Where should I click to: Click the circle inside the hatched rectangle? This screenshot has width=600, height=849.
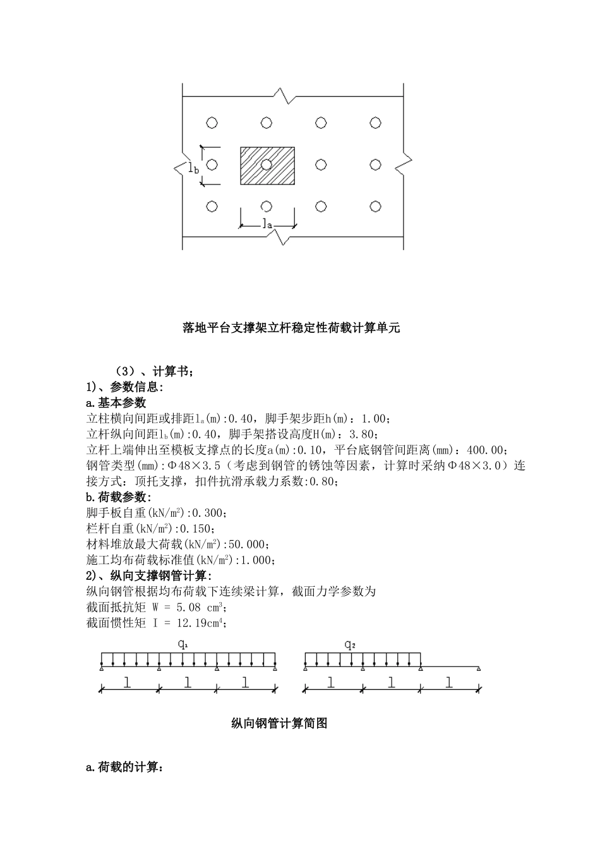(267, 165)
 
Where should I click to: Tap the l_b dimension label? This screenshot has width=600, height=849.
(194, 167)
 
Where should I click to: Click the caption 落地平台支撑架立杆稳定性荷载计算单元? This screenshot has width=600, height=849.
(291, 328)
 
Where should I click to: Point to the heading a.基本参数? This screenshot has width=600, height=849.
(116, 402)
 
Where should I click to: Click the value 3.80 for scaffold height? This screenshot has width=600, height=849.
(364, 434)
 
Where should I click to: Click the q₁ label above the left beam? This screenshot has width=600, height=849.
(183, 645)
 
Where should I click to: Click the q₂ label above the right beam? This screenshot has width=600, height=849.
(350, 645)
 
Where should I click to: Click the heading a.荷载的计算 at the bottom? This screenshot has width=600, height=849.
(124, 768)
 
